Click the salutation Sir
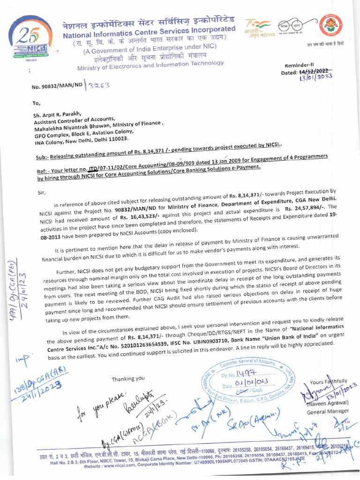pyautogui.click(x=41, y=192)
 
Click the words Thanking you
pyautogui.click(x=128, y=378)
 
